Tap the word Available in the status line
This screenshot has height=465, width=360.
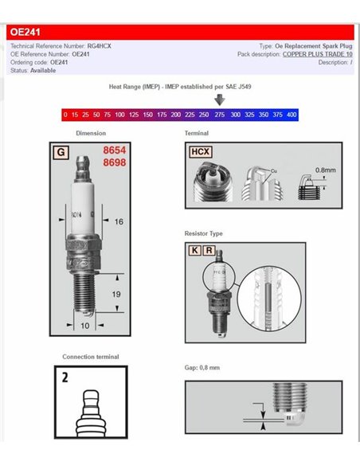click(x=43, y=70)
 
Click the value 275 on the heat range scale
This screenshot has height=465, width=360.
click(x=218, y=115)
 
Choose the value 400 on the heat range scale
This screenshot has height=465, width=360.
click(x=292, y=115)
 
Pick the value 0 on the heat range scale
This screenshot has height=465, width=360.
click(x=65, y=115)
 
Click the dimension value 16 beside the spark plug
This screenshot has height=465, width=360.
click(x=117, y=221)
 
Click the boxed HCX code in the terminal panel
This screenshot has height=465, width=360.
click(x=199, y=150)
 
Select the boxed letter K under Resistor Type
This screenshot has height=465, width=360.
click(x=194, y=249)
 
